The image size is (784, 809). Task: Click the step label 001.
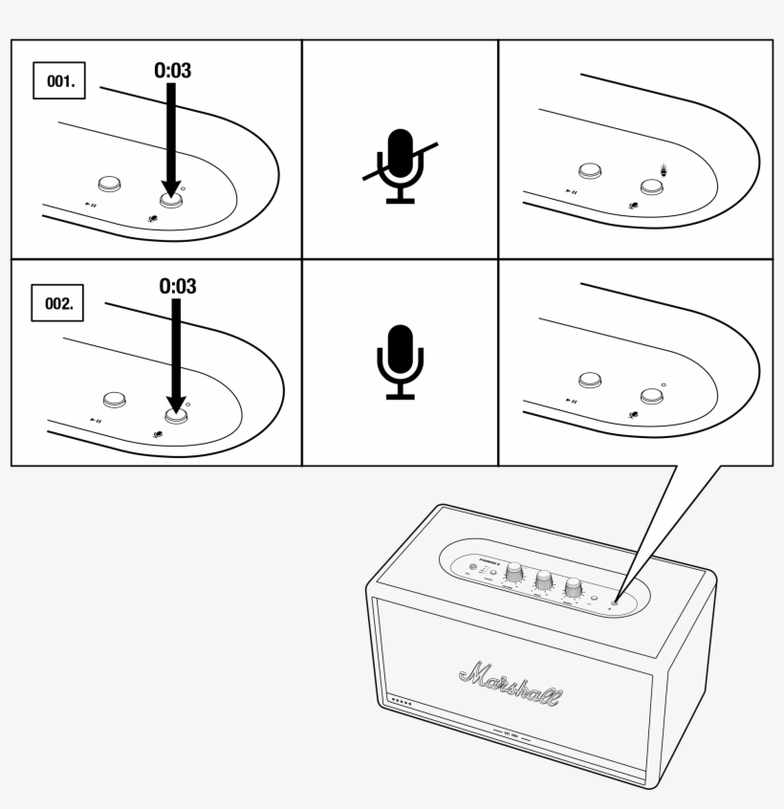(x=59, y=82)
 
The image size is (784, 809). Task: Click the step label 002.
(x=59, y=304)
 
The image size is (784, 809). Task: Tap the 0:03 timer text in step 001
(x=172, y=71)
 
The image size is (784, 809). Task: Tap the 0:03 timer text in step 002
(x=178, y=286)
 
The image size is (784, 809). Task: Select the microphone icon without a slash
(x=400, y=361)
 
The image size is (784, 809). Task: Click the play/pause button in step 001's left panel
(x=109, y=185)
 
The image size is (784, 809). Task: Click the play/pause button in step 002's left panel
(x=115, y=399)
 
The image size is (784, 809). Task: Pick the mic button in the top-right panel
(x=651, y=187)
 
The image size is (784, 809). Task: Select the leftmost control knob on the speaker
(x=515, y=572)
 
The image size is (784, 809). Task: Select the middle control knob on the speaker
(x=544, y=579)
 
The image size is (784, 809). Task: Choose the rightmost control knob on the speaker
(x=574, y=587)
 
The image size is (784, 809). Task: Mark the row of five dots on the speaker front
(x=403, y=703)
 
